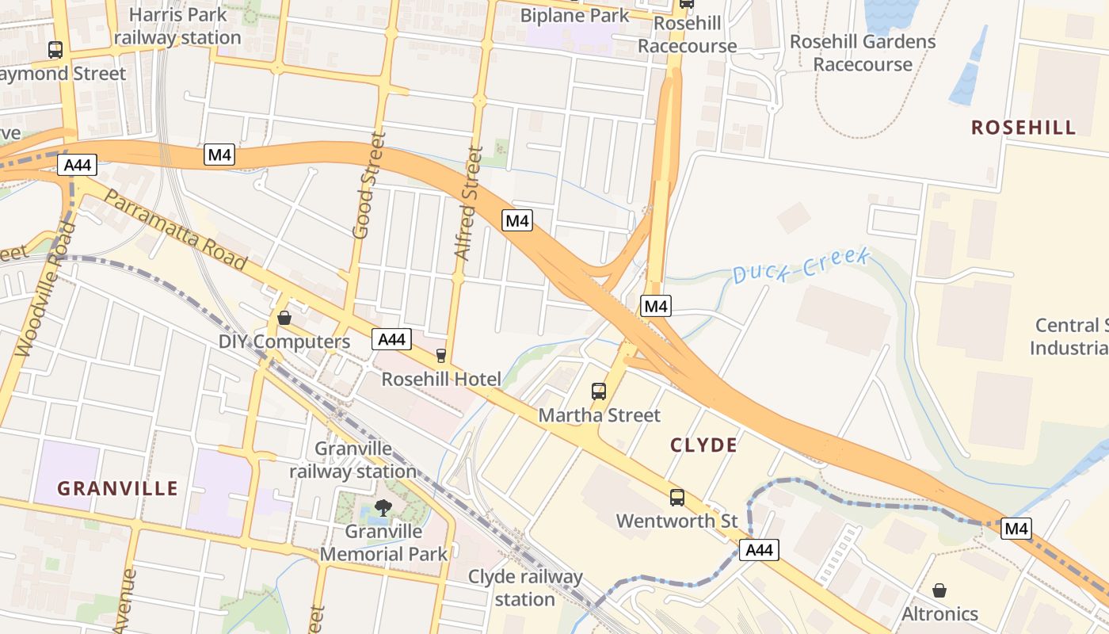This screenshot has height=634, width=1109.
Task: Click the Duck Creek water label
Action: [x=801, y=265]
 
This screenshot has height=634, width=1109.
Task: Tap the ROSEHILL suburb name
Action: [x=1023, y=128]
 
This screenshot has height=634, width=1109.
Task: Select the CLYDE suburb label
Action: [x=703, y=445]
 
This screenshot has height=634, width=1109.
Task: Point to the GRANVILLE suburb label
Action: [x=117, y=488]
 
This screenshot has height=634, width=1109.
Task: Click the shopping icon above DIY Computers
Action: [x=284, y=319]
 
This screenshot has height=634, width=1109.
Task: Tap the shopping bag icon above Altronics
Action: [x=939, y=590]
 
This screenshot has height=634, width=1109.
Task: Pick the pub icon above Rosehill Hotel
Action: [x=441, y=356]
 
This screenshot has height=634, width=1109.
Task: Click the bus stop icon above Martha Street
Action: [x=599, y=391]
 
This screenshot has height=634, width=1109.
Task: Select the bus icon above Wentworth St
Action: [x=676, y=498]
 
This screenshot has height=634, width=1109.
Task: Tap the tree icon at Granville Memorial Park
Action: [x=383, y=507]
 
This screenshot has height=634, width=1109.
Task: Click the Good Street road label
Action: [x=368, y=186]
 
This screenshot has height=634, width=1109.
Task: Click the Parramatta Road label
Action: [x=175, y=229]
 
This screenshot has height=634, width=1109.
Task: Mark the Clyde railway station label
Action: [x=525, y=588]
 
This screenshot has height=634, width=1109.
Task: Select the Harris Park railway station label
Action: [x=177, y=26]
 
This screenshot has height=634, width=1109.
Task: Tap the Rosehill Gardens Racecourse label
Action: [x=863, y=52]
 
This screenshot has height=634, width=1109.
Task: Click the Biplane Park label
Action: [x=574, y=15]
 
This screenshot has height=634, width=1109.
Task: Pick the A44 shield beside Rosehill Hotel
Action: [x=391, y=339]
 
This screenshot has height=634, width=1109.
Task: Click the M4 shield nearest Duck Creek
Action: [x=656, y=306]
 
